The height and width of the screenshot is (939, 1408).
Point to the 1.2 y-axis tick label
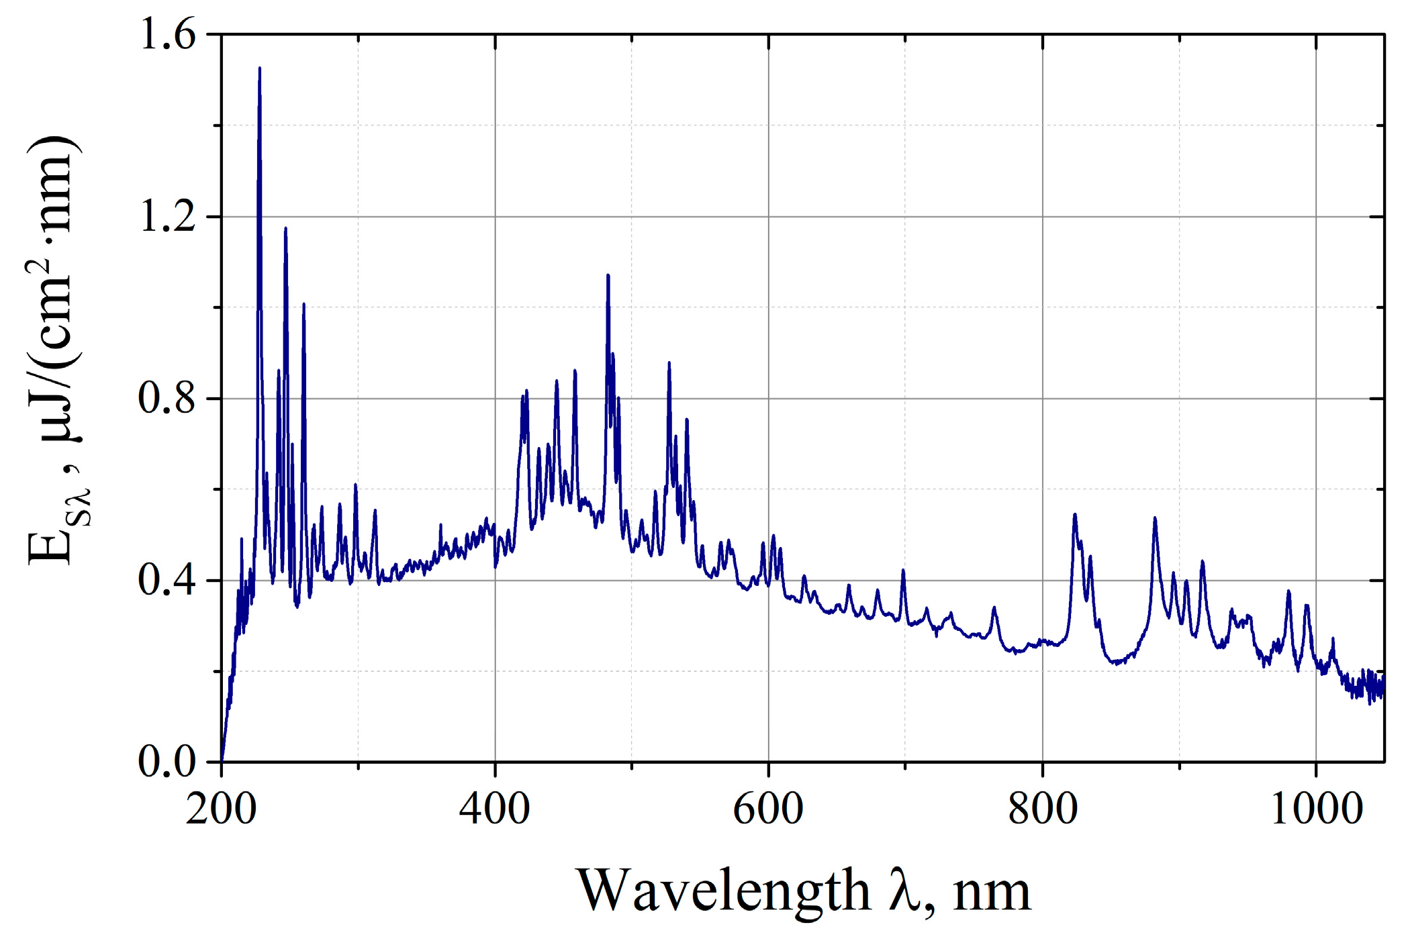pos(167,217)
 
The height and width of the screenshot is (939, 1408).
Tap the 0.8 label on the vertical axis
pos(167,399)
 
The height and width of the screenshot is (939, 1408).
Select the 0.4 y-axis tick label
pos(167,581)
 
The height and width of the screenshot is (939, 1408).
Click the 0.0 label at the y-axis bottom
pos(167,762)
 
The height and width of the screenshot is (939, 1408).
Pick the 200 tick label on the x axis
pos(221,809)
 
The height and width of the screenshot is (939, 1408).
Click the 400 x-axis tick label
pos(495,809)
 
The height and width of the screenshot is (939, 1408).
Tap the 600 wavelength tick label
pos(768,809)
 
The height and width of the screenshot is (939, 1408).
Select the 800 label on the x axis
pos(1043,809)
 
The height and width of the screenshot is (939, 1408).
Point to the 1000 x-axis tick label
pos(1317,809)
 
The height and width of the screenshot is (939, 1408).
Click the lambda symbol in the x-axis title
pos(904,890)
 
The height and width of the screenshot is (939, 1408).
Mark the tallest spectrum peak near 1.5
pos(260,68)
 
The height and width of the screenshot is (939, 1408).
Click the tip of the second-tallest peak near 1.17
pos(285,229)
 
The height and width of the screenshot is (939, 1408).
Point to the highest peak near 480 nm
pos(608,275)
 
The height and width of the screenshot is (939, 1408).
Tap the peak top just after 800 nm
pos(1075,515)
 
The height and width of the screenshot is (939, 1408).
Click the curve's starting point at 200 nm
pos(222,761)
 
